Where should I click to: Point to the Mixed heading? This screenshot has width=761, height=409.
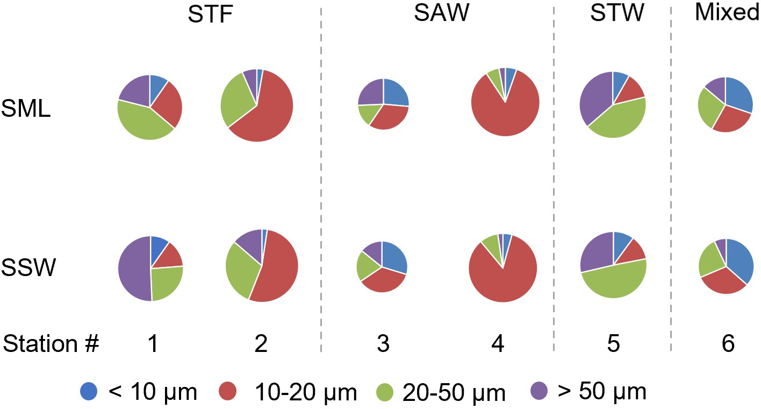tap(727, 13)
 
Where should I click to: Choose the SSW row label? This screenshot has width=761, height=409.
tap(28, 267)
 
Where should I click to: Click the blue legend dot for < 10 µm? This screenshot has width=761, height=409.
tap(89, 391)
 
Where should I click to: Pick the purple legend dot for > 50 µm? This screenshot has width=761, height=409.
tap(539, 391)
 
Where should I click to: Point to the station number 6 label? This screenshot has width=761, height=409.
tap(728, 343)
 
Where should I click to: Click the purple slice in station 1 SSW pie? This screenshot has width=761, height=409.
tap(133, 268)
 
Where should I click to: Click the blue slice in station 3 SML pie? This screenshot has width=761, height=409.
tap(395, 93)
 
